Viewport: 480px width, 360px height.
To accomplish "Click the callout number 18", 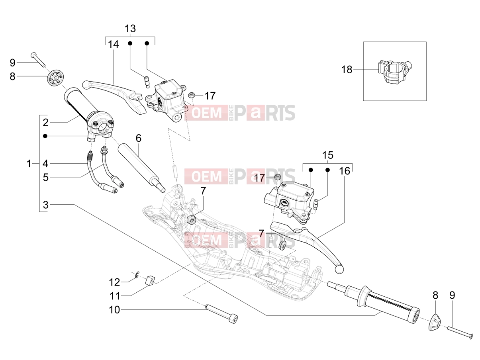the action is click(x=347, y=70).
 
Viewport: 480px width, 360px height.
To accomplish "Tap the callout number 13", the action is click(x=130, y=28).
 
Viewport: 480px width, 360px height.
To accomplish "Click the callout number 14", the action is click(x=114, y=44).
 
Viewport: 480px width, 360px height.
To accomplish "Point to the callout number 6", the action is click(x=139, y=138).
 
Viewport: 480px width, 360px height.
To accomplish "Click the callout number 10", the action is click(x=115, y=310).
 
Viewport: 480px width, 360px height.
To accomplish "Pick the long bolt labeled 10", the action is click(x=221, y=314).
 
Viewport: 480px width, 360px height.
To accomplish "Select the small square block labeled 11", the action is click(x=150, y=280).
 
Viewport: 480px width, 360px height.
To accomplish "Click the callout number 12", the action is click(x=115, y=282).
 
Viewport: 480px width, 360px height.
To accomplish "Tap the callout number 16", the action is click(x=345, y=171).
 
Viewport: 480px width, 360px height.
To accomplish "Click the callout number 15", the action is click(x=328, y=155).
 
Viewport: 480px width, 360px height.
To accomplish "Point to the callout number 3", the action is click(x=45, y=205).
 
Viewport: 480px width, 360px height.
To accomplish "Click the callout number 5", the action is click(x=45, y=178).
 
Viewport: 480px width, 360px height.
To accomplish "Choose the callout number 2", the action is click(x=45, y=123).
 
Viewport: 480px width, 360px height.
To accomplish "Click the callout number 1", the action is click(x=29, y=164).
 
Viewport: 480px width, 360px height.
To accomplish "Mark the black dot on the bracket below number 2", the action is click(x=45, y=136).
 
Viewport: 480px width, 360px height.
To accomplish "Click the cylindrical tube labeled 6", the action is click(x=141, y=168).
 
